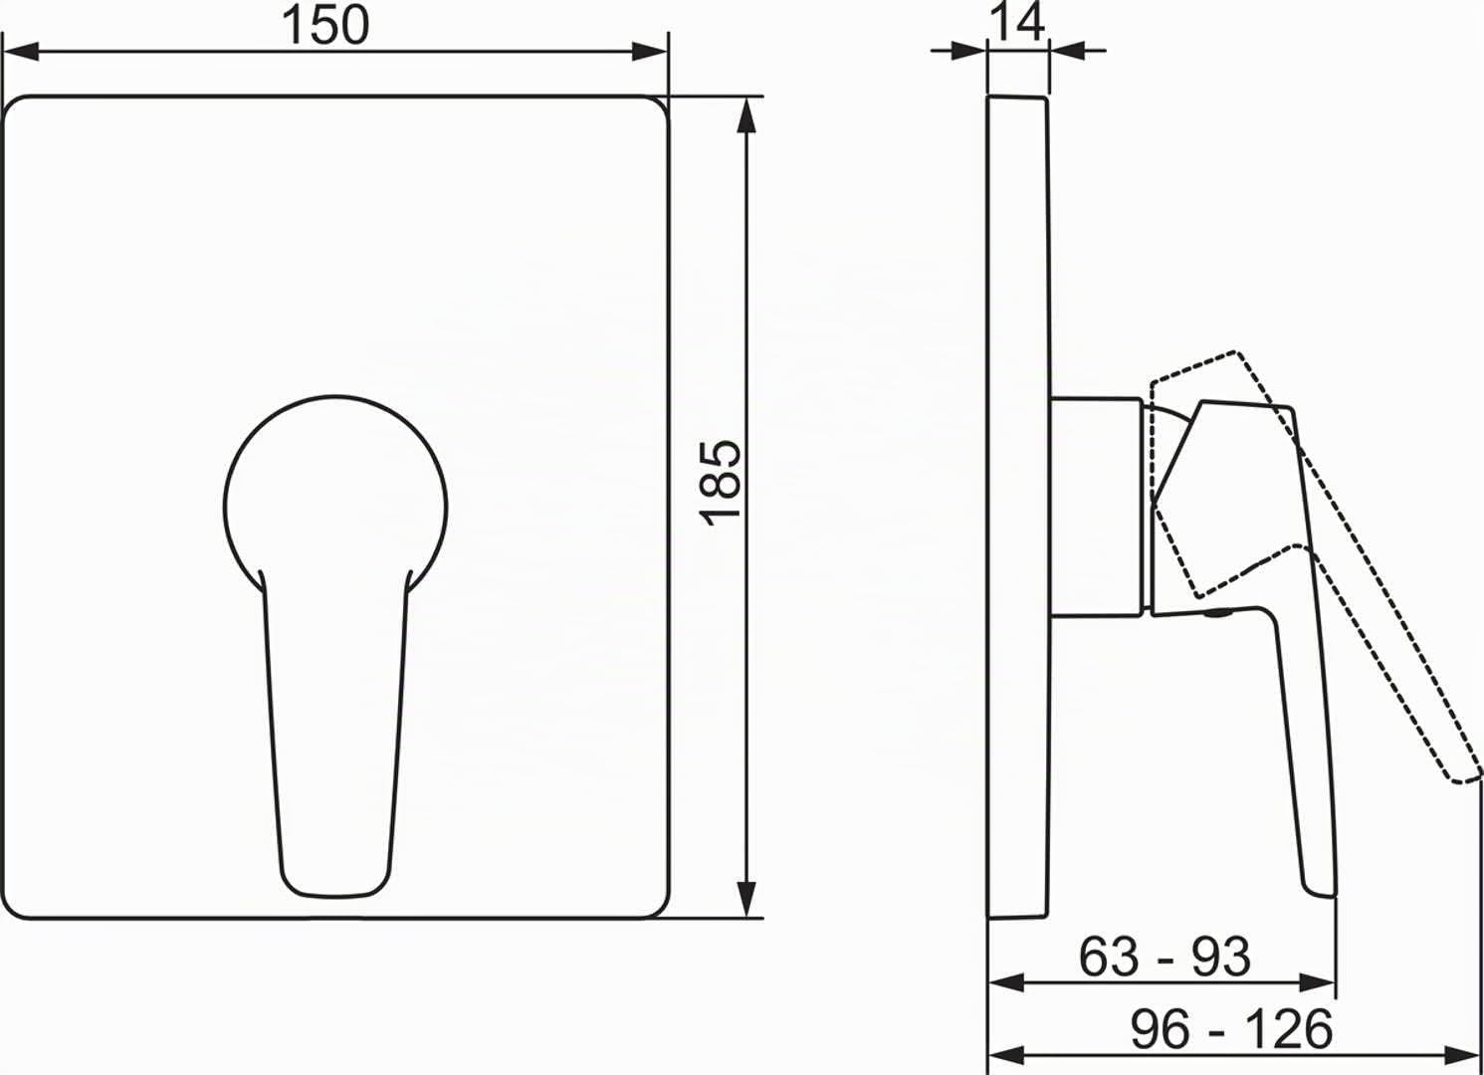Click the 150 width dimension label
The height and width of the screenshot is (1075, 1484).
point(325,26)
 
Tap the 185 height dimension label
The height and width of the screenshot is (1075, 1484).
point(722,482)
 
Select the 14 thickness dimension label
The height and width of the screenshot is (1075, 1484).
point(1016,22)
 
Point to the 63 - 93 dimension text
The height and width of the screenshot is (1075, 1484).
point(1165,957)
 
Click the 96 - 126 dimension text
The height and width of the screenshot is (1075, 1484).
point(1231,1029)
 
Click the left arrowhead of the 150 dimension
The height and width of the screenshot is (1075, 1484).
point(21,51)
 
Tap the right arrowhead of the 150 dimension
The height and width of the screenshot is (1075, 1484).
point(649,51)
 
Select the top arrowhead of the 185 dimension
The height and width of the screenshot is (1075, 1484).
point(746,115)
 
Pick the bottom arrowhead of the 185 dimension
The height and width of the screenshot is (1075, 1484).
point(746,900)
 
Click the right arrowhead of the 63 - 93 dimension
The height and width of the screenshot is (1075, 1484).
point(1317,983)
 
